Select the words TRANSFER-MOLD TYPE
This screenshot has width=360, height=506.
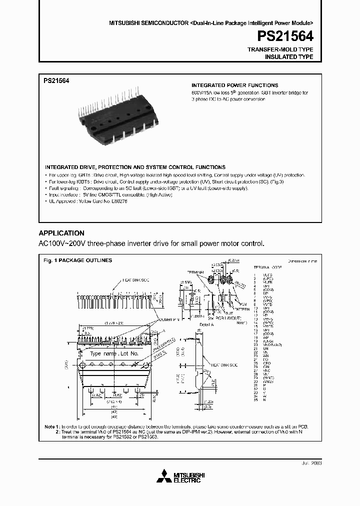tap(280, 50)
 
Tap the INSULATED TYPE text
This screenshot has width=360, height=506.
tap(288, 57)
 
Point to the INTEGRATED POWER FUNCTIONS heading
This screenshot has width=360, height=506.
tap(235, 85)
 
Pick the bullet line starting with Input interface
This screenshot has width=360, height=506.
tap(110, 194)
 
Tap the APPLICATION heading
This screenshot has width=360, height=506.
tap(61, 233)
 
